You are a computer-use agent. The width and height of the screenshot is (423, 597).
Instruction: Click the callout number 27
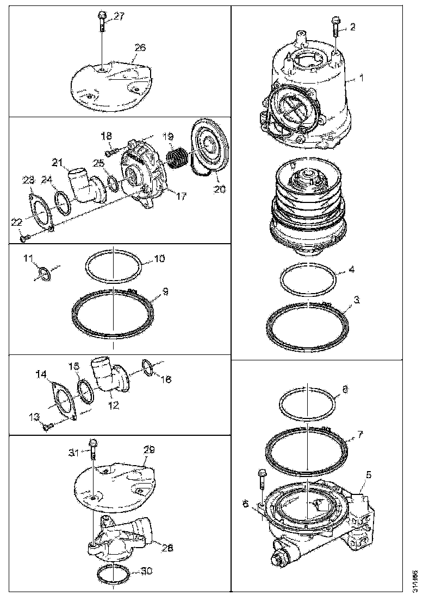click(x=119, y=16)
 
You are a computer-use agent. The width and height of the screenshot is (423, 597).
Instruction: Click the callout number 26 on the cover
click(x=140, y=48)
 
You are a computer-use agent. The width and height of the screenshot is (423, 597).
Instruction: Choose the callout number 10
click(x=159, y=259)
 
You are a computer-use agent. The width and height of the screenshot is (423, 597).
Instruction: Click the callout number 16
click(x=166, y=379)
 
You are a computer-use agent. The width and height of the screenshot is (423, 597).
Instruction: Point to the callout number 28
click(x=167, y=548)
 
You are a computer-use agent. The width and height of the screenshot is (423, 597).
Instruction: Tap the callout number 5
click(x=369, y=475)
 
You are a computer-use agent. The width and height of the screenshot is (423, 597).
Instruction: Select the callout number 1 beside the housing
click(x=362, y=78)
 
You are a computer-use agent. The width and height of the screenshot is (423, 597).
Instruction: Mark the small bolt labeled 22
click(x=23, y=237)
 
